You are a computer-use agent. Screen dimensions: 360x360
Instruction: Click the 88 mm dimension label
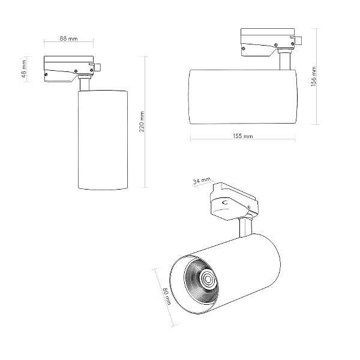(x=68, y=38)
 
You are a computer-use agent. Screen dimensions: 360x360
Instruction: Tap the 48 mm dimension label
(x=24, y=69)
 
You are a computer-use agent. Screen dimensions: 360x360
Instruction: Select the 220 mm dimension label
(x=142, y=122)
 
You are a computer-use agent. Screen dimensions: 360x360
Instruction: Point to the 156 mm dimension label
(x=314, y=76)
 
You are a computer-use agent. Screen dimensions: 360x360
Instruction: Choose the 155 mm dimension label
(x=243, y=136)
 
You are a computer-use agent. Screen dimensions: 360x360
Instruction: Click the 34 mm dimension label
(x=202, y=181)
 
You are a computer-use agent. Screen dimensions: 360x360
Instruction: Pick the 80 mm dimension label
(x=167, y=296)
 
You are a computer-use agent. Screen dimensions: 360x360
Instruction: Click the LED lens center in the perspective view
(x=208, y=279)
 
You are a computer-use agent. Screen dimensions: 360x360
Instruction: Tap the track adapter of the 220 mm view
(x=69, y=68)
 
